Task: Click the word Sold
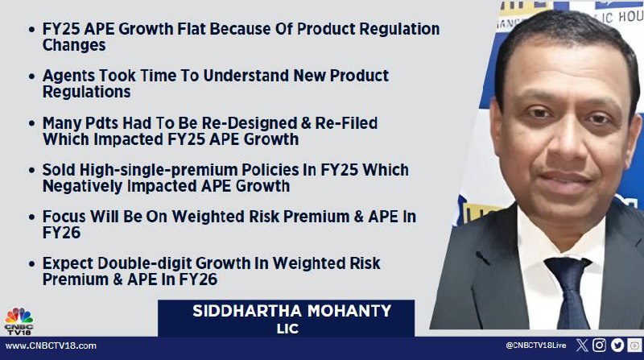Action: [59, 170]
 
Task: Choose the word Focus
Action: [64, 217]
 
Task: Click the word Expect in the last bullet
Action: [68, 263]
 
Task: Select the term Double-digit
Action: [145, 263]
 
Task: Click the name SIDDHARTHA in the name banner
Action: [248, 311]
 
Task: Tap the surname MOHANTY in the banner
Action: [349, 311]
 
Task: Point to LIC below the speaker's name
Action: [287, 329]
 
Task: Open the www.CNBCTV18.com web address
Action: [51, 346]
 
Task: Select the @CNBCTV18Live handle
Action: [536, 346]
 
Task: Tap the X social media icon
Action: [582, 346]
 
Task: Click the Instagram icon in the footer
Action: [599, 346]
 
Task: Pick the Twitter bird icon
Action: [617, 346]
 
